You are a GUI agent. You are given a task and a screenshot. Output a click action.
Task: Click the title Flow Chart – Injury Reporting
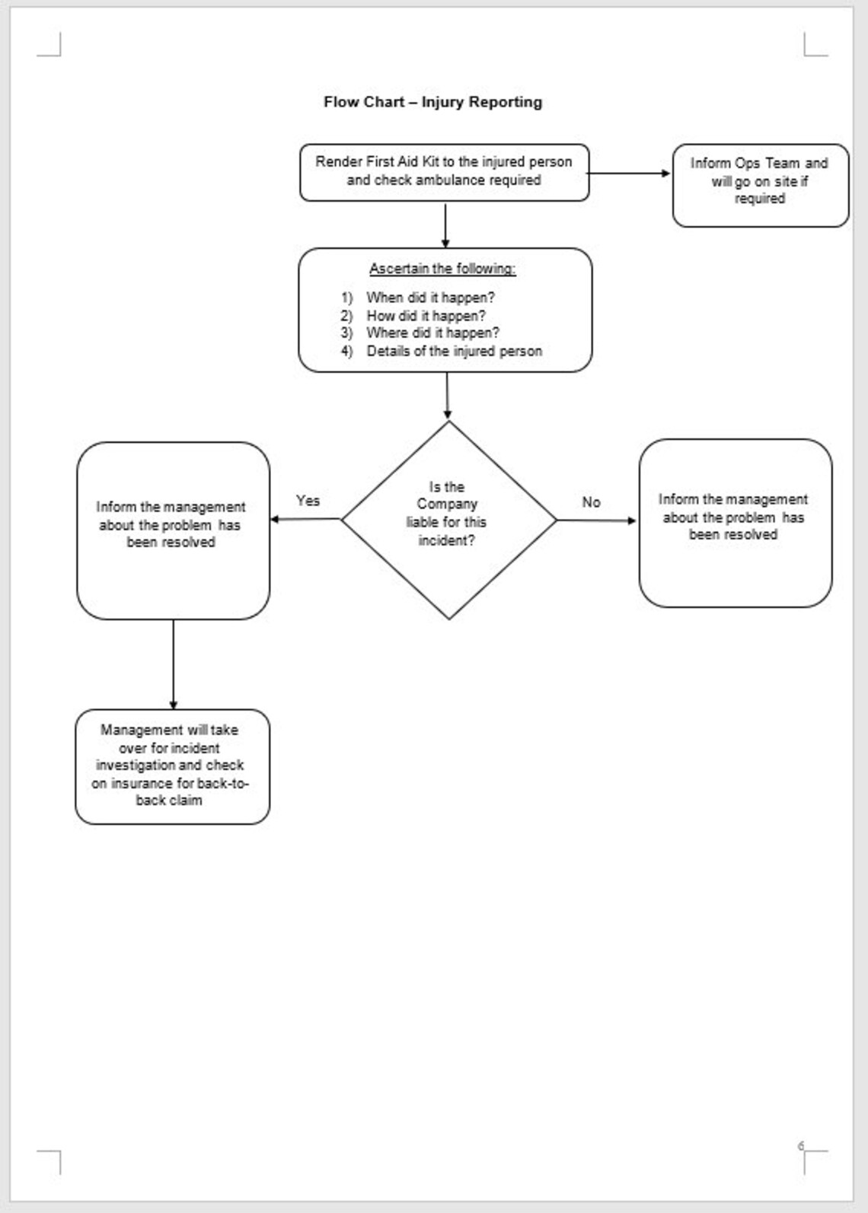[432, 102]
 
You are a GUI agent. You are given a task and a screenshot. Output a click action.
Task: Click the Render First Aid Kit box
[444, 172]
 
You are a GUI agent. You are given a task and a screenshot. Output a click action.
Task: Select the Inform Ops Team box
[759, 184]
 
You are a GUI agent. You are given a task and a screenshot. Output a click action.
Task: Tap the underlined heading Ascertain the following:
[442, 269]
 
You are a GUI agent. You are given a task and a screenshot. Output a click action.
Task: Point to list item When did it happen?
[429, 298]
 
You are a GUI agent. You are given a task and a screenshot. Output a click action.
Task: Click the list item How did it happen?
[425, 316]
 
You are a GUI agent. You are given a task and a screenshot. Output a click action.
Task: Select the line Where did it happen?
[432, 333]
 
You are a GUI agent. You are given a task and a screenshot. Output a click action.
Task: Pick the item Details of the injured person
[454, 352]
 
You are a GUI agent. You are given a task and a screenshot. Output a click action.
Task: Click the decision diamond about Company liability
[448, 520]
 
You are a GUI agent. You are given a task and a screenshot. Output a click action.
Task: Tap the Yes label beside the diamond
[308, 501]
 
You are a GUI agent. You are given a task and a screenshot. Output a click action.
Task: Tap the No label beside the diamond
[591, 502]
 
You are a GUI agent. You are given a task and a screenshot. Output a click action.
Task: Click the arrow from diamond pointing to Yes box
[305, 520]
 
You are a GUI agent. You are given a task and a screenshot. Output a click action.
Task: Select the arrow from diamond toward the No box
[597, 521]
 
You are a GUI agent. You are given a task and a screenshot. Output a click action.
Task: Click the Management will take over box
[172, 766]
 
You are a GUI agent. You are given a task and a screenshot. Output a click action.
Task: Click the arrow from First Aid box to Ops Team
[629, 174]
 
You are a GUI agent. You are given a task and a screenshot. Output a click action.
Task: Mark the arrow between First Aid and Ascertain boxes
[445, 224]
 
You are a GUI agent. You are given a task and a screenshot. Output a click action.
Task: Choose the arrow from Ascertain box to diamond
[447, 396]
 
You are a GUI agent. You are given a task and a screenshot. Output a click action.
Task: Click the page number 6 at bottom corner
[800, 1146]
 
